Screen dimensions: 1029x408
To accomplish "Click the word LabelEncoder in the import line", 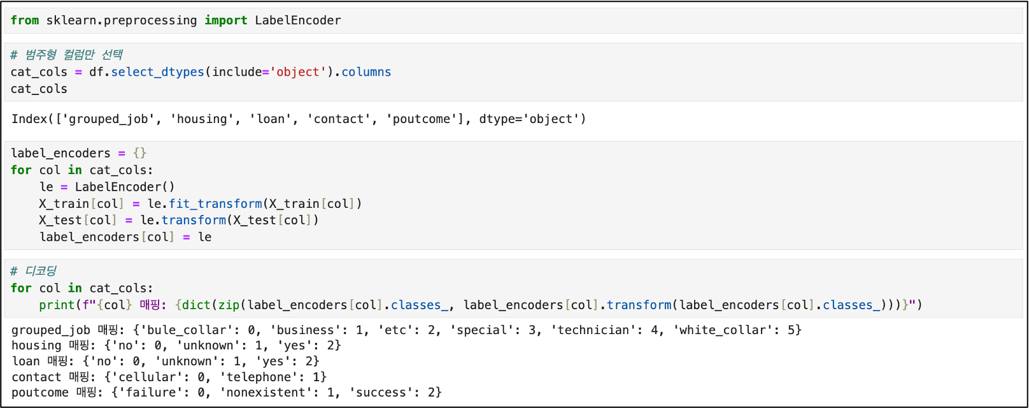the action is [x=298, y=20].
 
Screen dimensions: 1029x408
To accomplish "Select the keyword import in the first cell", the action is [x=225, y=20].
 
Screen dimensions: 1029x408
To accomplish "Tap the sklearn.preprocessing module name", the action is [x=122, y=20].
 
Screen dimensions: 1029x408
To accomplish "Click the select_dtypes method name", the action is [x=157, y=72].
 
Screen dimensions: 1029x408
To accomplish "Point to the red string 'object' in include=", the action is [x=298, y=72].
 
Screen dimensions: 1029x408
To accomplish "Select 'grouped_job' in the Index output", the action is [x=111, y=119].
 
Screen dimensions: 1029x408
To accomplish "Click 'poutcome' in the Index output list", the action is [x=421, y=119].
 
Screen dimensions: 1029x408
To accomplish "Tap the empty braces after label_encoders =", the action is [x=139, y=154].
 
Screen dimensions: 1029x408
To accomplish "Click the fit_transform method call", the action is [x=215, y=204].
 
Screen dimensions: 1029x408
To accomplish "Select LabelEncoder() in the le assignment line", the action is [x=125, y=187].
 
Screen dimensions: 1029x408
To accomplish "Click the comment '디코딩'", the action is [x=41, y=271].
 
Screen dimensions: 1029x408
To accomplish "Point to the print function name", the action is [x=57, y=305].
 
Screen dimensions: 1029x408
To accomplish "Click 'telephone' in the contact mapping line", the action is [x=262, y=377].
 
